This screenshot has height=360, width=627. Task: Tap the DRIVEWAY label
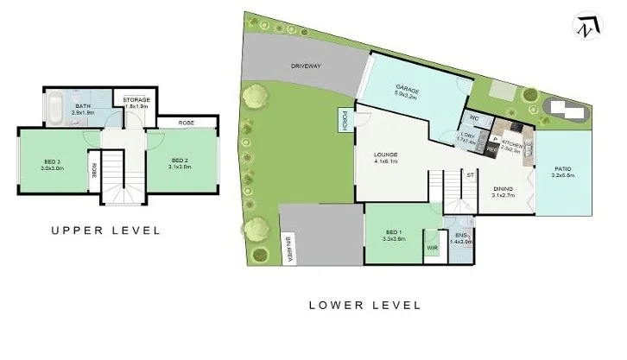[x=306, y=66]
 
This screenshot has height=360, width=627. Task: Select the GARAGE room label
[x=407, y=87]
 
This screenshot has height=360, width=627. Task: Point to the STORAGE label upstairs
[x=136, y=100]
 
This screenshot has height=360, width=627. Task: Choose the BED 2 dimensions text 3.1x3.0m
[x=180, y=167]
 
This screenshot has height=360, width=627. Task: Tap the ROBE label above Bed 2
[x=186, y=123]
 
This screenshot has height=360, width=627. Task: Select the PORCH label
[x=344, y=119]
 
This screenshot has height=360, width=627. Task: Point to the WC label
[x=474, y=119]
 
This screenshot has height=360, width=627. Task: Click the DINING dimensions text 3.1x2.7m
[x=503, y=195]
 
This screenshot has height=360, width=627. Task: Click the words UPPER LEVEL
[x=105, y=231]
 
